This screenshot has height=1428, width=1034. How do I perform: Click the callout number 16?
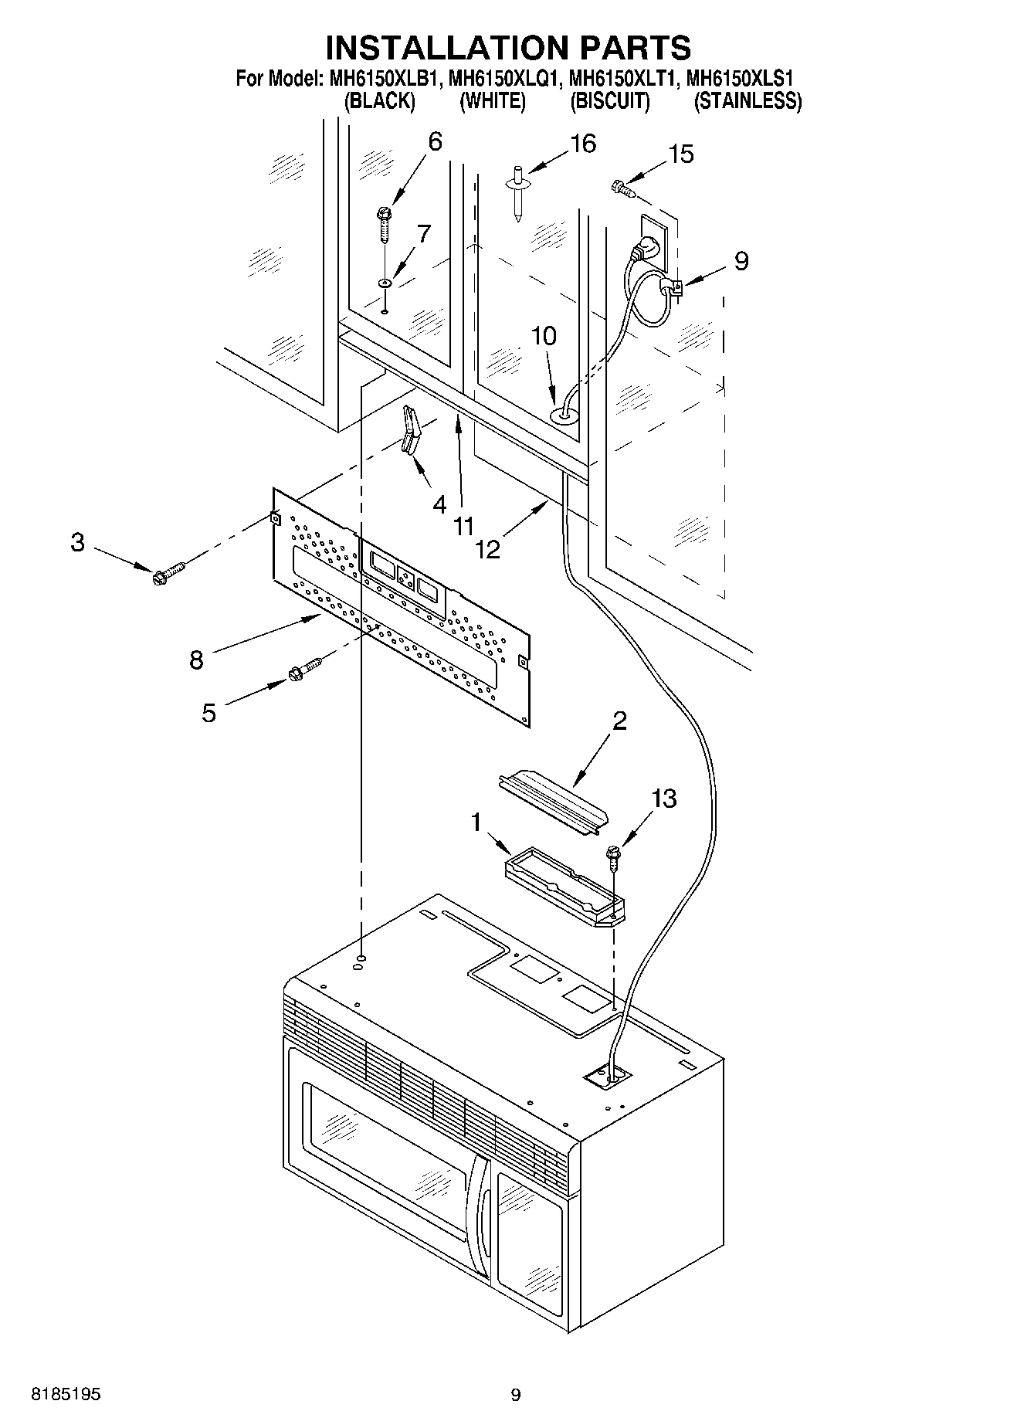(583, 144)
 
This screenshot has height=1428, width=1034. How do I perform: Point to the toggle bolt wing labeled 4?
(410, 434)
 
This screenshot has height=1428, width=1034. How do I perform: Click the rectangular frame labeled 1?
(564, 884)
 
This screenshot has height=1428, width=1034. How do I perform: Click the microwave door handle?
(480, 1224)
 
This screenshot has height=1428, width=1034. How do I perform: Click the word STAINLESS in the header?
(748, 101)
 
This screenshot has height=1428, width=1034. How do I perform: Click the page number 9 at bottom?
(516, 1395)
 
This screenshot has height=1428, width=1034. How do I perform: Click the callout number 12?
(488, 548)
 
